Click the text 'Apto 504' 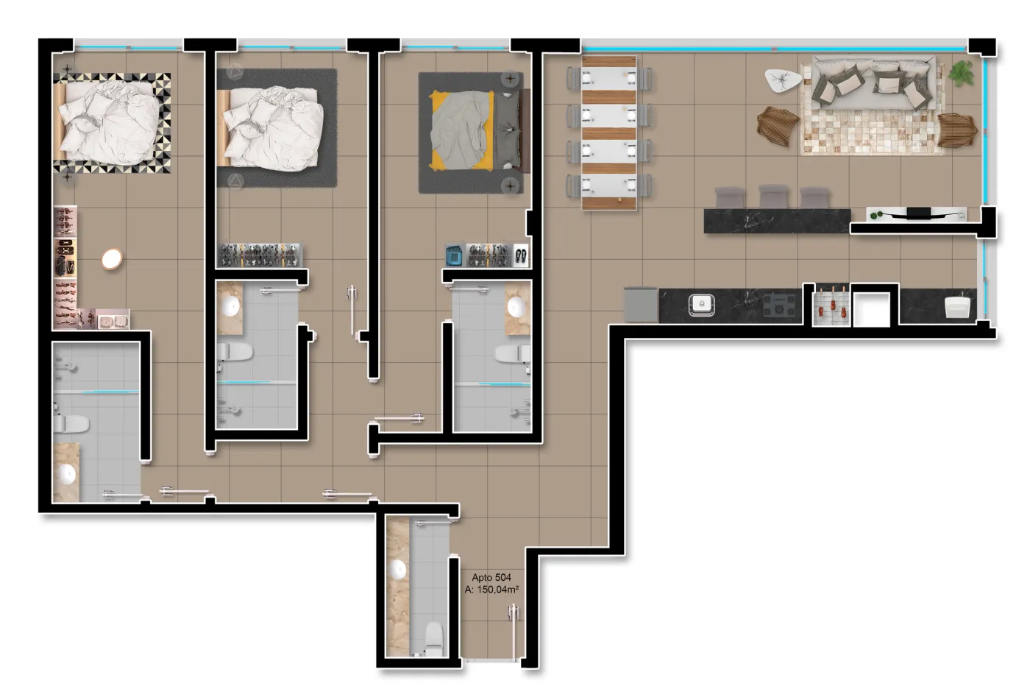pos(491,577)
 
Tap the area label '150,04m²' pos(498,589)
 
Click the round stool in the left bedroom pos(112,258)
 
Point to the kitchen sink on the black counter pos(701,305)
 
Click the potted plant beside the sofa pos(962,73)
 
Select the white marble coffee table pos(782,80)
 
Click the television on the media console pos(918,212)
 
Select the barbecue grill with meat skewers pos(831,305)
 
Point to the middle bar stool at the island pos(773,197)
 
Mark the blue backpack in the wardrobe pos(455,255)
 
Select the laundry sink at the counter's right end pos(957,307)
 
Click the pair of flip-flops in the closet pos(521,255)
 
